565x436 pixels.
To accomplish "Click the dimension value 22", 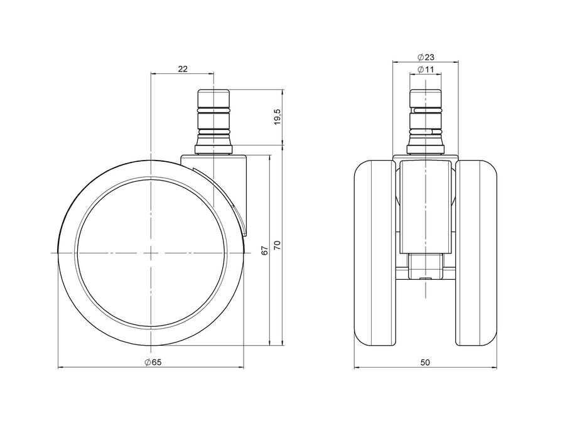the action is click(x=183, y=69).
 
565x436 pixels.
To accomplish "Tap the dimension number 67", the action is click(x=265, y=251).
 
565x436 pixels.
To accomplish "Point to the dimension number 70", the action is click(x=277, y=245).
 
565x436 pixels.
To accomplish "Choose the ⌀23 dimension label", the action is click(x=426, y=57).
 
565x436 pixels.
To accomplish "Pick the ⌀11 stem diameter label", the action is click(x=426, y=69).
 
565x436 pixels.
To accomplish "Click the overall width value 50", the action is click(x=426, y=362).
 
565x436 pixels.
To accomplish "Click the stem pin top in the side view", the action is click(x=213, y=98).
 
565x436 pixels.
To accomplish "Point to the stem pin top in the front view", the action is click(x=426, y=98).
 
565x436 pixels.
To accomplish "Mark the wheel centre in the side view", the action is click(x=150, y=253).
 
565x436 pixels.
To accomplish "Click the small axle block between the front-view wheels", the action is click(x=426, y=266).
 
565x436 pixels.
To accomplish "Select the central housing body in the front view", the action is click(x=426, y=205).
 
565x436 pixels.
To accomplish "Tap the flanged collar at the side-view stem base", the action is click(x=213, y=149).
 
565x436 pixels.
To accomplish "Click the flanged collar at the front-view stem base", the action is click(x=426, y=149).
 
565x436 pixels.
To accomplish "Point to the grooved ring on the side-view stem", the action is click(x=213, y=109).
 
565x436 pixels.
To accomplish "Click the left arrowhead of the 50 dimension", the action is click(x=357, y=368).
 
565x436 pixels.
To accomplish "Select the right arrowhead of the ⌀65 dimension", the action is click(x=241, y=368).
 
